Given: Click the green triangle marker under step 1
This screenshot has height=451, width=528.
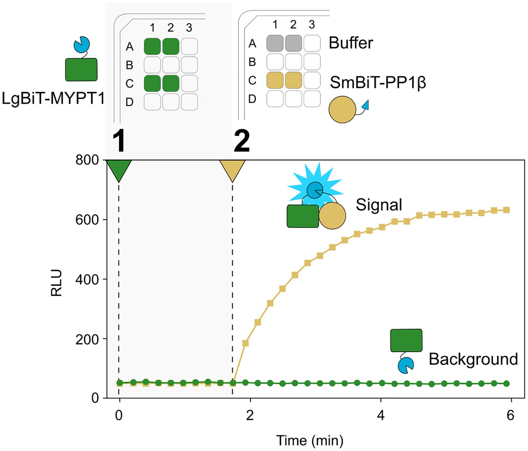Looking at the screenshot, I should coord(119,169).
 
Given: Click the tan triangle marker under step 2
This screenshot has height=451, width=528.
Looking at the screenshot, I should coord(232,169).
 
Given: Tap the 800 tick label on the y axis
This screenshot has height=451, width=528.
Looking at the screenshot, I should coord(87,160).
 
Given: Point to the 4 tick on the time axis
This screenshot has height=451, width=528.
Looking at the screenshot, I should coord(381,415).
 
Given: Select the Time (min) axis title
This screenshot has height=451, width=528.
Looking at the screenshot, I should coord(310,440).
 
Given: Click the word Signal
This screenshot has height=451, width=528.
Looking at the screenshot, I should coord(379,205).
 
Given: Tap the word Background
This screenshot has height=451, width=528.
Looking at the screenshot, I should coord(473,359).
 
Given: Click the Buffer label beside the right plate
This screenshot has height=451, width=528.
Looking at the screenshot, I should coord(351,43).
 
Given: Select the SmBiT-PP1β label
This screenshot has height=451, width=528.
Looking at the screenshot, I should coord(378,82).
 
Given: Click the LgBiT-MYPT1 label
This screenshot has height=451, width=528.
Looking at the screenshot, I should coord(53,98).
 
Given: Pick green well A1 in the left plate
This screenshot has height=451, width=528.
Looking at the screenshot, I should coord(152,47).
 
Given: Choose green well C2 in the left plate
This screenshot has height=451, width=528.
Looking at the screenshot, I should coord(171,83).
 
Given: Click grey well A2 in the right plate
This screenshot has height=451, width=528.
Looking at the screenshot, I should coord(293,43).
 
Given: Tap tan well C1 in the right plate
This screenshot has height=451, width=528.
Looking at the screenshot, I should coord(275,80).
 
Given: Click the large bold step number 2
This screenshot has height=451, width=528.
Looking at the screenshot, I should coord(242,141).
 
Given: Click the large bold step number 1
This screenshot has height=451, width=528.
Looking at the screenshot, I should coord(119,141).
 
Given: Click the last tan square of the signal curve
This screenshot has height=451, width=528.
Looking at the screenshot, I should coord(506,210).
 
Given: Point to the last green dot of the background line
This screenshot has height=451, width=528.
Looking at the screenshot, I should coord(506,383).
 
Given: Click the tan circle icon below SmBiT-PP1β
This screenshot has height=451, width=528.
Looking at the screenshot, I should coord(342,109).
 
